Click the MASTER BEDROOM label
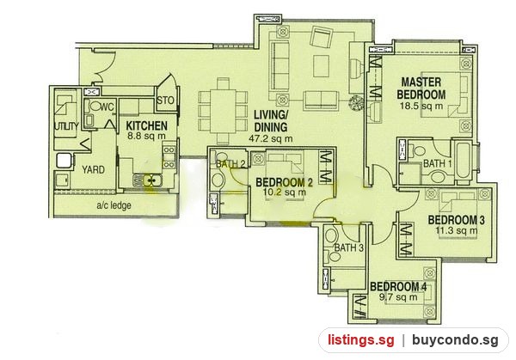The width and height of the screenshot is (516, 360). [x=421, y=88]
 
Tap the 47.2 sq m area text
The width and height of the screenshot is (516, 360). [x=271, y=138]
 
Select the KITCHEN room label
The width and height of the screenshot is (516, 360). [x=147, y=125]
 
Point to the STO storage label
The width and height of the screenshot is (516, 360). [x=165, y=100]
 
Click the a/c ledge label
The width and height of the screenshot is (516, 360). [x=114, y=205]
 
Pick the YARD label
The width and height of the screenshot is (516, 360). [x=94, y=169]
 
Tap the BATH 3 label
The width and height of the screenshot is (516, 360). [x=348, y=247]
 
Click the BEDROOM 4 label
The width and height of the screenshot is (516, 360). [x=398, y=287]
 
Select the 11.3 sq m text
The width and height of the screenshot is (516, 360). [x=457, y=230]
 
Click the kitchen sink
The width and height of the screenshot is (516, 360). [x=147, y=180]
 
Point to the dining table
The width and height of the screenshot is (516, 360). [x=223, y=111]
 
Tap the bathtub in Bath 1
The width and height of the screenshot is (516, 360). [x=464, y=160]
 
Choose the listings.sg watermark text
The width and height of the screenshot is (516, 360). [x=360, y=340]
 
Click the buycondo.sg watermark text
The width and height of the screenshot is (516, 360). [x=455, y=340]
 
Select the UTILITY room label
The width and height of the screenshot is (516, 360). [x=66, y=126]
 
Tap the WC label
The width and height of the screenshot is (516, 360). [x=107, y=107]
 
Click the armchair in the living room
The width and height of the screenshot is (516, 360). [x=322, y=37]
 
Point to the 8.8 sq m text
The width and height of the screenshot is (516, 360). [x=146, y=136]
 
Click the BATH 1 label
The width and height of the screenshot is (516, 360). [x=437, y=163]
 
